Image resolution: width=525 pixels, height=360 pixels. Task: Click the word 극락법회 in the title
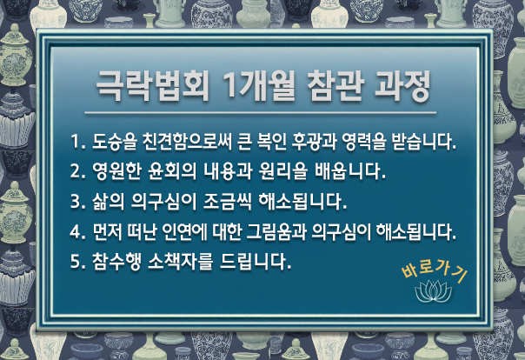[x=153, y=86]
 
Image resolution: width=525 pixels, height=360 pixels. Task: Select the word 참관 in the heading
[x=336, y=86]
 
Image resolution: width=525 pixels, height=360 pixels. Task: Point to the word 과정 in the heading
[x=402, y=86]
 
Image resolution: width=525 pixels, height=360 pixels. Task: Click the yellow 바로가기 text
[x=435, y=272]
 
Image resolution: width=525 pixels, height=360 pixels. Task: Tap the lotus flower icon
[x=433, y=290]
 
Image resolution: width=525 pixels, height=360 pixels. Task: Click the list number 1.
[x=76, y=142]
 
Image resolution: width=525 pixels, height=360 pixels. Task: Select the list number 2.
[x=76, y=170]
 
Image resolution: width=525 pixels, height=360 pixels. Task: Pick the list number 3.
[x=76, y=201]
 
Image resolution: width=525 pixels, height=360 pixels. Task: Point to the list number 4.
[x=76, y=231]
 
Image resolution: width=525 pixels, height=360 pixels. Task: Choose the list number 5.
[x=76, y=261]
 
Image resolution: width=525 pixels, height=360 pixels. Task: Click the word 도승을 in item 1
[x=114, y=142]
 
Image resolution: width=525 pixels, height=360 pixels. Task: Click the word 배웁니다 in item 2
[x=350, y=170]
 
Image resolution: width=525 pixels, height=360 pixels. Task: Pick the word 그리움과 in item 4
[x=276, y=231]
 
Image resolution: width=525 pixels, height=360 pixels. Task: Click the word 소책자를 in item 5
[x=180, y=261]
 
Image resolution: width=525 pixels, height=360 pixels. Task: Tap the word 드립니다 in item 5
[x=256, y=261]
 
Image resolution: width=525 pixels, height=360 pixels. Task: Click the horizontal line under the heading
[x=260, y=113]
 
